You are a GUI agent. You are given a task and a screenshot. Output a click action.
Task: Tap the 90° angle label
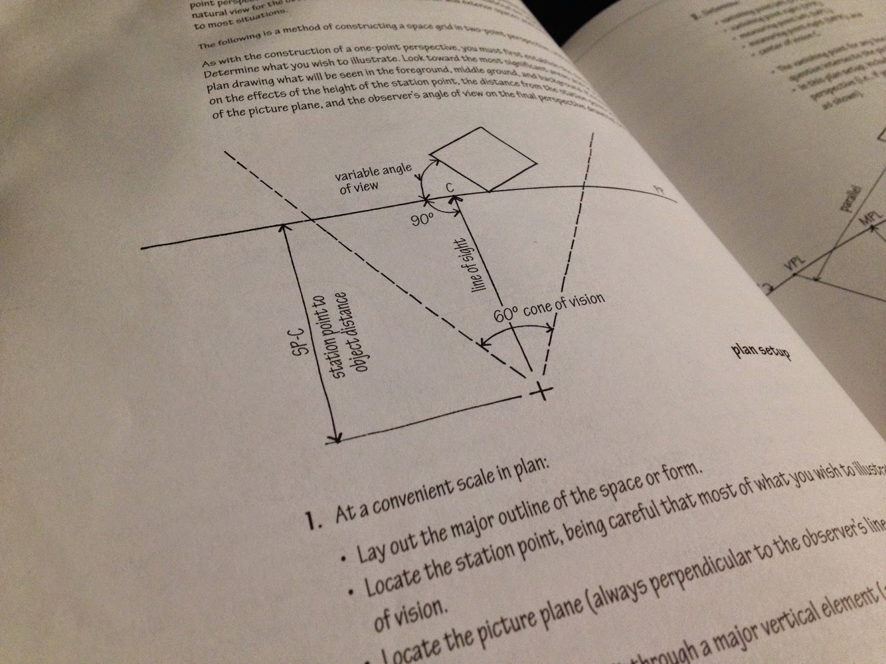point(422,220)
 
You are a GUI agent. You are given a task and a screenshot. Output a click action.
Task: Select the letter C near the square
point(450,189)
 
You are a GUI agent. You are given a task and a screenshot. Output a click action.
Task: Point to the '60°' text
point(505,316)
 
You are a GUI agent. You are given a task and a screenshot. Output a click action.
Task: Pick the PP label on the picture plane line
point(658,191)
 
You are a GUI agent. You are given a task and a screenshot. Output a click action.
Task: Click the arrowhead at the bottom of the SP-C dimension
point(333,440)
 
